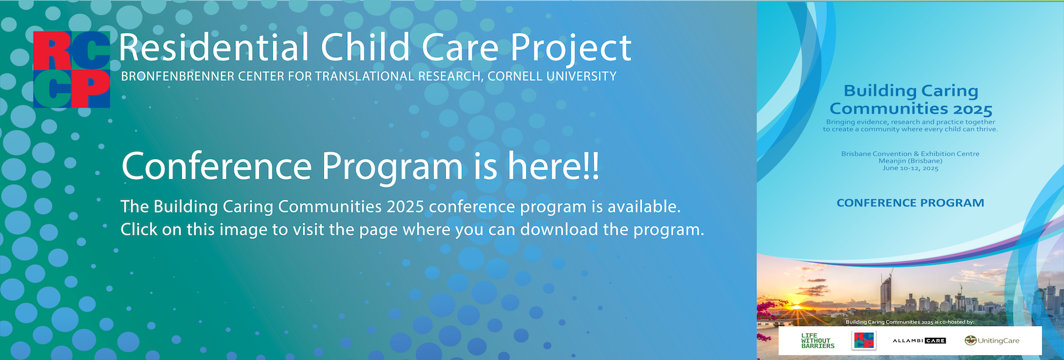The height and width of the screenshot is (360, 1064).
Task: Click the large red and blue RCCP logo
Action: [71, 70]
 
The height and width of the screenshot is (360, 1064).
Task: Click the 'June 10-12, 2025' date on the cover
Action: [910, 168]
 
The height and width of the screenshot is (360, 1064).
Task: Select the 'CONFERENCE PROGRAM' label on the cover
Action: [910, 203]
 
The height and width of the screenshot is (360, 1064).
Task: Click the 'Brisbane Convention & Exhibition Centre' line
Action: [910, 154]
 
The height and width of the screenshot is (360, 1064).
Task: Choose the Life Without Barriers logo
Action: [817, 341]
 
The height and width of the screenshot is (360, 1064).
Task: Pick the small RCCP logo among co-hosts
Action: [864, 341]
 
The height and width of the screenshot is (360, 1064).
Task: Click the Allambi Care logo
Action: [919, 341]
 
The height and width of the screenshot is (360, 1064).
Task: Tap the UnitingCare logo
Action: [992, 341]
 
